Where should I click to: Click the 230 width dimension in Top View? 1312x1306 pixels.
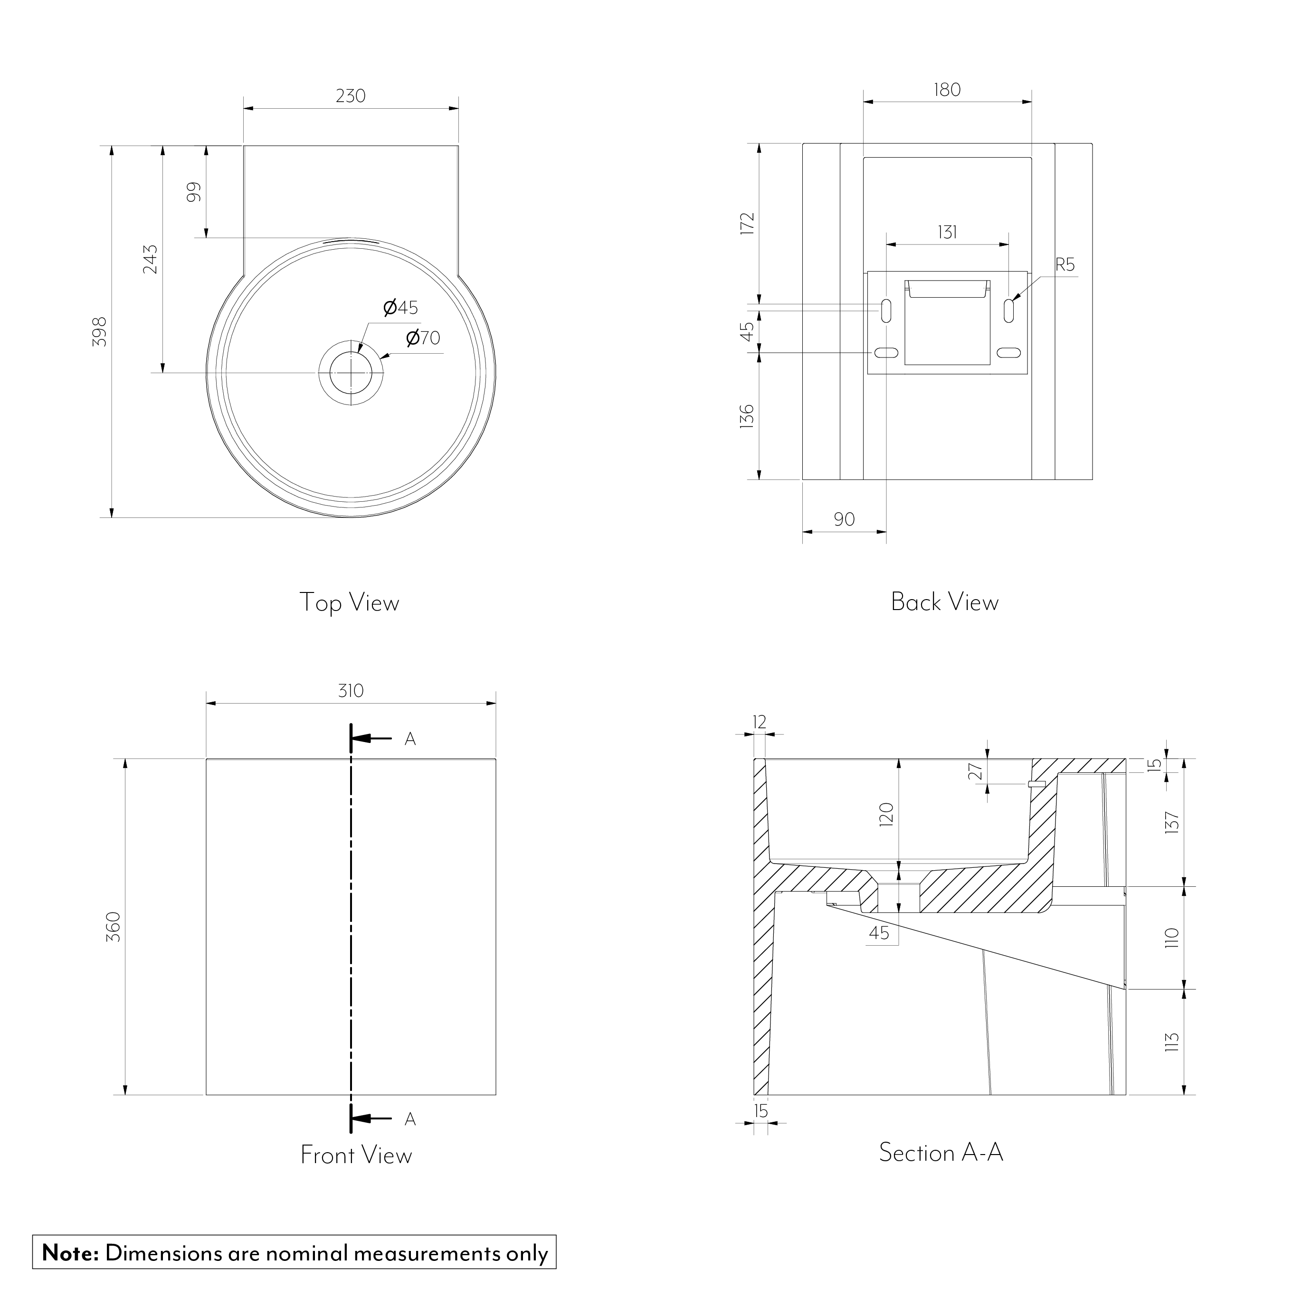(x=351, y=96)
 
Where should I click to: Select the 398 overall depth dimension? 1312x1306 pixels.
(x=100, y=331)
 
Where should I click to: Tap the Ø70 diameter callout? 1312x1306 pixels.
(x=423, y=338)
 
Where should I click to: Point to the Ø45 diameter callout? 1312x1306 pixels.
(x=400, y=308)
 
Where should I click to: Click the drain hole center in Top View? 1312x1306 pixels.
(x=351, y=373)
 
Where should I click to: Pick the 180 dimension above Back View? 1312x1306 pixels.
(x=947, y=90)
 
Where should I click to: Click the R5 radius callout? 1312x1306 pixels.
(x=1065, y=265)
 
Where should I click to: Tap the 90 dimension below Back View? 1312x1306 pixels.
(x=844, y=519)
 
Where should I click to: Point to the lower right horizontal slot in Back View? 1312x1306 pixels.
(x=1008, y=353)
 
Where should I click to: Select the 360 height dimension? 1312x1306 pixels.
(x=114, y=927)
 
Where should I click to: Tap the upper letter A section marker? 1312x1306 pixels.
(x=410, y=739)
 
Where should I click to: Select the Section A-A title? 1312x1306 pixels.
(x=941, y=1153)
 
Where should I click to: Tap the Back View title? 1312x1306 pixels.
(x=945, y=602)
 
